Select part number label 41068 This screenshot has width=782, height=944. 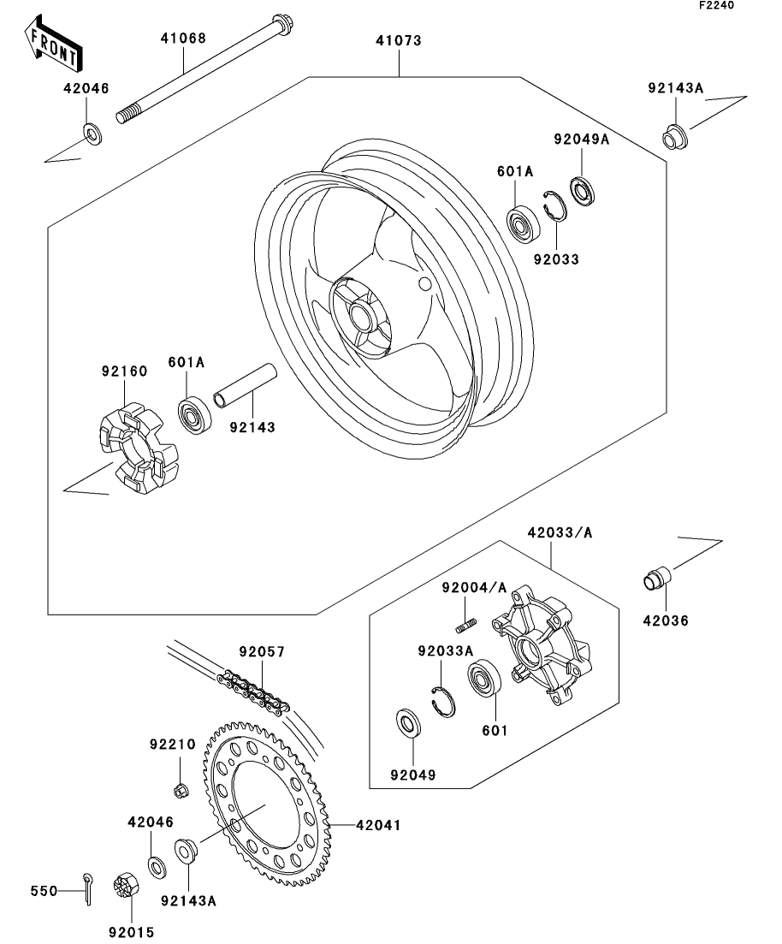pos(183,38)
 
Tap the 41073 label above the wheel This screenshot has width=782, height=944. pos(399,40)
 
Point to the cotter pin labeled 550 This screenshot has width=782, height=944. pos(88,888)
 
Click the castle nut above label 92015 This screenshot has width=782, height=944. pos(125,886)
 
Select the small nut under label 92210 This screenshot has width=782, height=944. pos(180,790)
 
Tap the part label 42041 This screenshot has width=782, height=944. pos(378,825)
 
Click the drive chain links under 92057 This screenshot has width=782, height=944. pos(253,692)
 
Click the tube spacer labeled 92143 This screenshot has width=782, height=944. pos(245,386)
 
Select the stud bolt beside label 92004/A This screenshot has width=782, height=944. pos(466,626)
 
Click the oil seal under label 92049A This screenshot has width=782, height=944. pos(582,190)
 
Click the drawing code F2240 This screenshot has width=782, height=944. pos(716,5)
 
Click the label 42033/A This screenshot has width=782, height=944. pos(560,532)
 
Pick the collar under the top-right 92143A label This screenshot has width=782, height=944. pos(677,137)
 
